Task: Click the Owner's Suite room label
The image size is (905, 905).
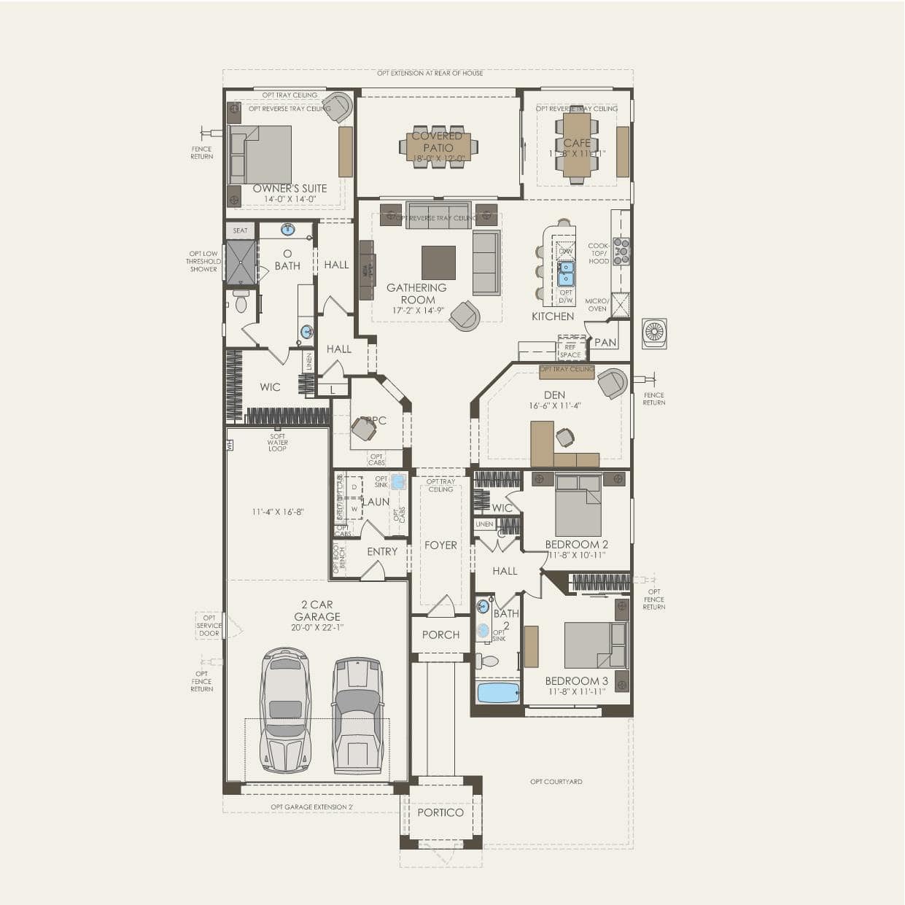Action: click(290, 188)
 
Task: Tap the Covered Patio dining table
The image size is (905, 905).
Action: click(438, 147)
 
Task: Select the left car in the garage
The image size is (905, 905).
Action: click(285, 710)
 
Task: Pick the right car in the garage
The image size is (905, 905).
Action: click(357, 715)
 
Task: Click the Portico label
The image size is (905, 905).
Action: click(440, 812)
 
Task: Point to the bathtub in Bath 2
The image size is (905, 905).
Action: click(498, 692)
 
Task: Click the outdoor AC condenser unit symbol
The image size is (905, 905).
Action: click(654, 333)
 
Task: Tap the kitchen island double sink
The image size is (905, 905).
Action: click(566, 274)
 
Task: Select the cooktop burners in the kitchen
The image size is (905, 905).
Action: click(621, 251)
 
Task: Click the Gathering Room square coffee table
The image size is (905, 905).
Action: click(438, 263)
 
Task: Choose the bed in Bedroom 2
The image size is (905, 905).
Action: click(578, 505)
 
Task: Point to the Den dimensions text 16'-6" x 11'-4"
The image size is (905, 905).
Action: click(555, 405)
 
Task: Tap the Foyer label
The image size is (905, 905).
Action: click(440, 545)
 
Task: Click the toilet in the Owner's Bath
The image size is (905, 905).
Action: click(241, 301)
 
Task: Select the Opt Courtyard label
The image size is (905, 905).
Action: click(556, 782)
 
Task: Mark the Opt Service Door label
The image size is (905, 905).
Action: click(209, 626)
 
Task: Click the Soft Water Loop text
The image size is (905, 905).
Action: click(278, 443)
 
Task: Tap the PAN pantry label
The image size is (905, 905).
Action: click(605, 342)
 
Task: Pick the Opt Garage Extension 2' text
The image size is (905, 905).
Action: click(311, 807)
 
